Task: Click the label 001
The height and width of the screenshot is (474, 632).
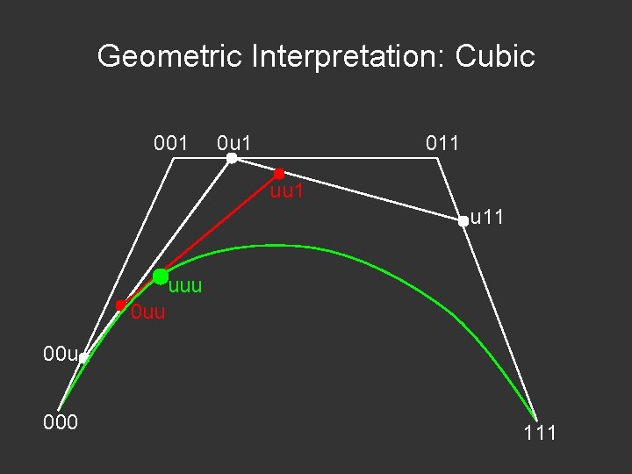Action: pyautogui.click(x=170, y=142)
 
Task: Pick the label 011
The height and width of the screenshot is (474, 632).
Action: pyautogui.click(x=442, y=142)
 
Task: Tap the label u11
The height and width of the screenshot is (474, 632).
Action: pyautogui.click(x=487, y=217)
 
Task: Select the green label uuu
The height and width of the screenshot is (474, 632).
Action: pyautogui.click(x=185, y=286)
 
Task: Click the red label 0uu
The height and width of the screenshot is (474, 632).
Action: pyautogui.click(x=147, y=312)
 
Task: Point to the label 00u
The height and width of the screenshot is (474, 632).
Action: pyautogui.click(x=61, y=355)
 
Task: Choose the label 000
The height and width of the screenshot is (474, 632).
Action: pyautogui.click(x=61, y=422)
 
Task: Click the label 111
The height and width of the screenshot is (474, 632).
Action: pyautogui.click(x=540, y=433)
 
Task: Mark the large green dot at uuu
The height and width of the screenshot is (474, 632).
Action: pyautogui.click(x=161, y=276)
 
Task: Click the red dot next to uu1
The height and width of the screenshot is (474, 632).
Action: pyautogui.click(x=279, y=174)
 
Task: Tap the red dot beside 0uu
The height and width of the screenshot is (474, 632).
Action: pyautogui.click(x=120, y=305)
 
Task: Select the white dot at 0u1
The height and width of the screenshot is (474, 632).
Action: pyautogui.click(x=231, y=158)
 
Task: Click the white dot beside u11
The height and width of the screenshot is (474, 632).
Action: pyautogui.click(x=463, y=222)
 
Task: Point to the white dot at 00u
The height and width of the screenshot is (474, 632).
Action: pyautogui.click(x=83, y=358)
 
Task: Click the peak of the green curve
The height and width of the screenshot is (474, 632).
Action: pyautogui.click(x=279, y=246)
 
